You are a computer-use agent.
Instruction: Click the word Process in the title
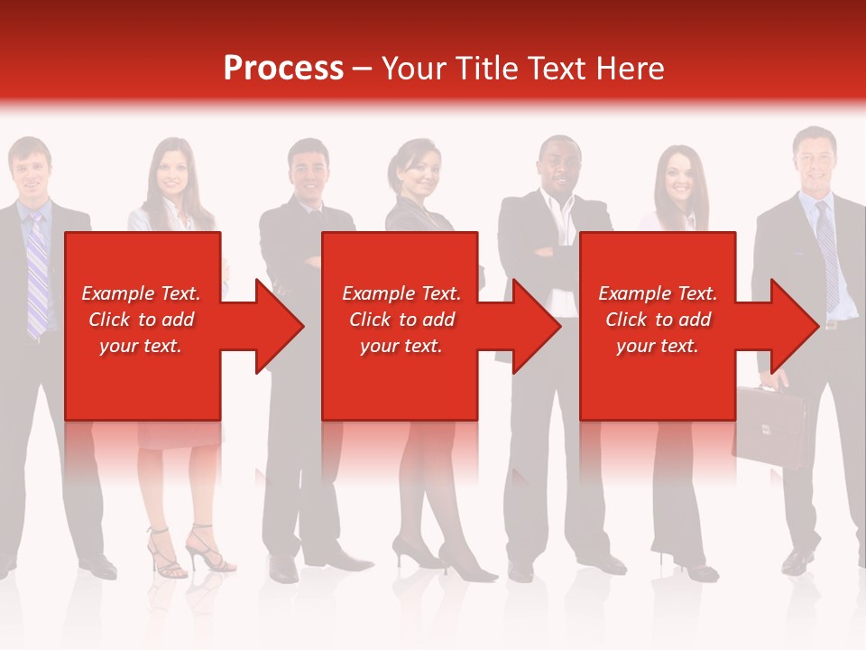click(x=283, y=68)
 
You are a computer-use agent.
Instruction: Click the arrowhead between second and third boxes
click(x=536, y=326)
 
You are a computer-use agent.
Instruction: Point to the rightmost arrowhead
click(x=794, y=326)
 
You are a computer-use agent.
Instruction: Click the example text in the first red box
click(x=142, y=320)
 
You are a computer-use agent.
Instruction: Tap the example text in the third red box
click(x=658, y=320)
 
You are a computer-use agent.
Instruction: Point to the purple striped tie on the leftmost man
click(x=36, y=271)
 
